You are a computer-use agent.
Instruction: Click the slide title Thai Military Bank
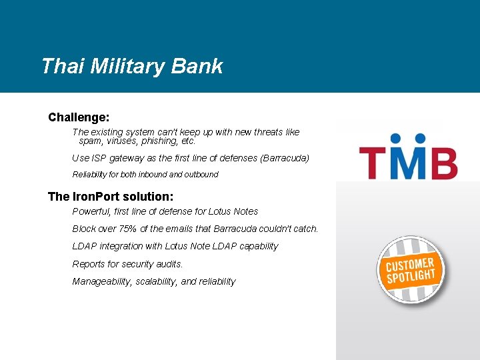coord(131,66)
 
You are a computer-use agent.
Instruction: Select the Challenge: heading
coord(79,117)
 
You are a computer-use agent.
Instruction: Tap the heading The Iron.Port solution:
coord(111,197)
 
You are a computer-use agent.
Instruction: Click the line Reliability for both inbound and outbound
coord(145,175)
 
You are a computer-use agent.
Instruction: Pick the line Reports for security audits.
coord(127,264)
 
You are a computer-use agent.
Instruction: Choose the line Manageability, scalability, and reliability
coord(153,281)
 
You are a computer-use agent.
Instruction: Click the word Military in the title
coord(126,66)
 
